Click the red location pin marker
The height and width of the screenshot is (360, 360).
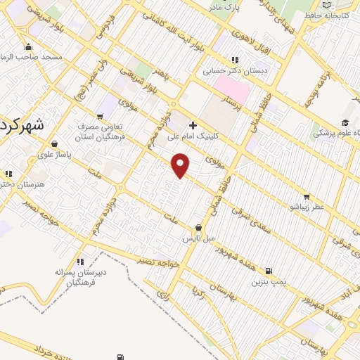[x=181, y=165]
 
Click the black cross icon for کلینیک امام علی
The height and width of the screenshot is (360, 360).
[x=193, y=125]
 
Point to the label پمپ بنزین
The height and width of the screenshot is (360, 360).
[x=269, y=282]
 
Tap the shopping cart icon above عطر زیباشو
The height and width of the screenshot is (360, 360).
[x=306, y=197]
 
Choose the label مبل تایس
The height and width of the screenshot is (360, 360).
[x=198, y=239]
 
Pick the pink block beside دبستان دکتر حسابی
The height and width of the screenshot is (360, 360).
[x=232, y=89]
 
